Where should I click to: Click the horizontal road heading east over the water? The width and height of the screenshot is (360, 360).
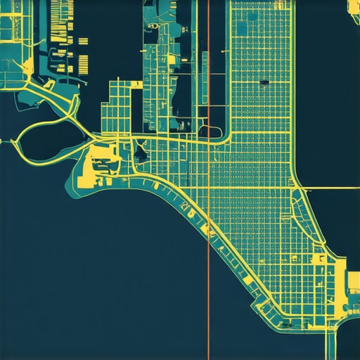coord(330,188)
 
